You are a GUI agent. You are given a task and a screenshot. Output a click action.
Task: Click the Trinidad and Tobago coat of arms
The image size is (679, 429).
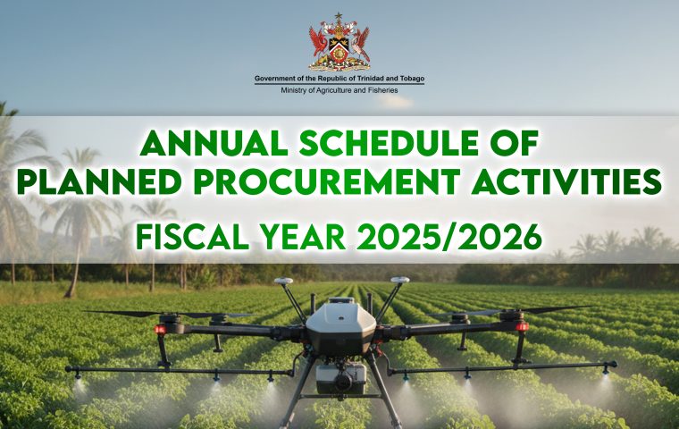[339, 42]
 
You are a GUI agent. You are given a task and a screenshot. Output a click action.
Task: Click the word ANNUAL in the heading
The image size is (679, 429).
[214, 143]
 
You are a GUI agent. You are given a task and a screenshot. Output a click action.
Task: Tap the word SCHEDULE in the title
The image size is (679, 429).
[389, 143]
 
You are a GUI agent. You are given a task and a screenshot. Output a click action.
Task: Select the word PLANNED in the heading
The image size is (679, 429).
[99, 181]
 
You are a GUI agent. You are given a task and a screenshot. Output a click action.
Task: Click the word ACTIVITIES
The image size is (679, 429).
[566, 181]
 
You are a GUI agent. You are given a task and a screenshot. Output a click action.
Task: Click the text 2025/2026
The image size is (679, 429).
[449, 237]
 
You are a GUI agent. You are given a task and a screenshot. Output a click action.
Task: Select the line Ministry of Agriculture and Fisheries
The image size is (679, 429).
[339, 90]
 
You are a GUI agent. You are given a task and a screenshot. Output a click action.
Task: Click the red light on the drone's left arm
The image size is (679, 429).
[160, 330]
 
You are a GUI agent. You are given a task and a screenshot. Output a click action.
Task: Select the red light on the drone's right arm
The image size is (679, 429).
[522, 326]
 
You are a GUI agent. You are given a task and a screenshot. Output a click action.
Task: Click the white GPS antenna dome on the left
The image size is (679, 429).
[284, 281]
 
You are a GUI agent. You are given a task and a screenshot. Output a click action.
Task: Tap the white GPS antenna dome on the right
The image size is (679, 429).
[399, 280]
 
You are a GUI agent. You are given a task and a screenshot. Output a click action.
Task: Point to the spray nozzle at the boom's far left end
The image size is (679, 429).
[78, 374]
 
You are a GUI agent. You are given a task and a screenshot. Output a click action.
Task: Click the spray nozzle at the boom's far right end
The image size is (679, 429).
[606, 370]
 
